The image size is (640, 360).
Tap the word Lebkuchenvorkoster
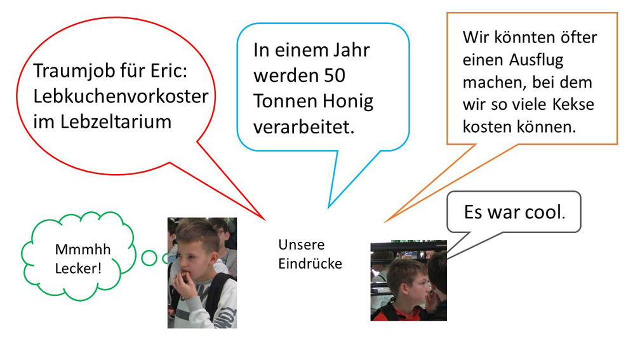coord(121,97)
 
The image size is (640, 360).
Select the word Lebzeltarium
coord(116,122)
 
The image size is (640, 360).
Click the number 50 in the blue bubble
coord(335,76)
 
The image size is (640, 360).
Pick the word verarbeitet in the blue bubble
coord(304,127)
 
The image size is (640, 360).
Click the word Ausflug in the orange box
coord(537,60)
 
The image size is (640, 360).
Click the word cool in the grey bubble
coord(545,212)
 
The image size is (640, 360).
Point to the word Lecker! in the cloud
coord(78,269)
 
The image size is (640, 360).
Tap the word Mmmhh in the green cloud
coord(83,249)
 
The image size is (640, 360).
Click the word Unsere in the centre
coord(302,245)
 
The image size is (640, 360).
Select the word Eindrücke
coord(310,263)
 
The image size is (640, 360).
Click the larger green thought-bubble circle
coord(149,258)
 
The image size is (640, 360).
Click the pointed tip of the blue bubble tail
coord(329,208)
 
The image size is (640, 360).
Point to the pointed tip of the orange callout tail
coord(385,222)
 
